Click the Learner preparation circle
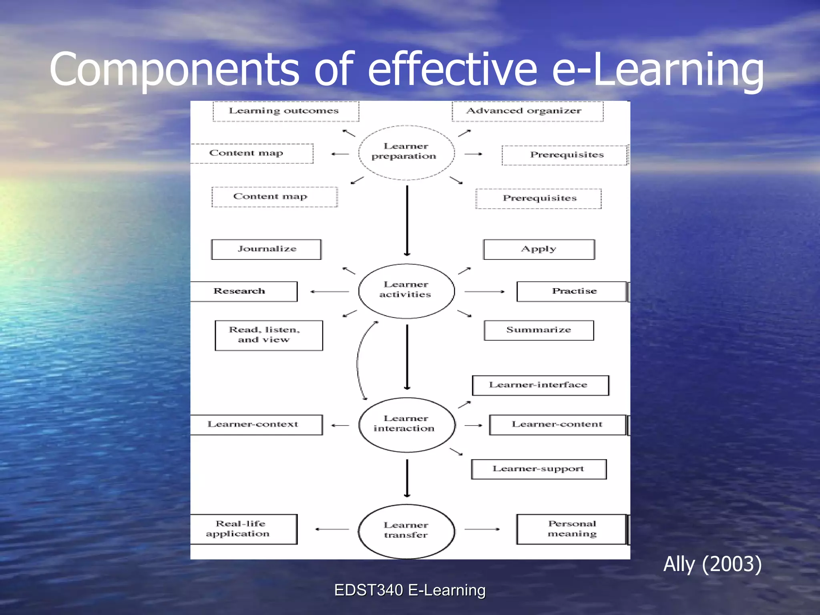point(406,152)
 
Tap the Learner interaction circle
point(406,424)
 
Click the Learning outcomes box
point(285,111)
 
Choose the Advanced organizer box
point(527,111)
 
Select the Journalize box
point(266,249)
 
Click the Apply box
point(539,249)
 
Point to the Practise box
point(572,291)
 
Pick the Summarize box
point(539,330)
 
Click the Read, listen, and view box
point(268,335)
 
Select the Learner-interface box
point(540,385)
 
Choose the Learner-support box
point(539,469)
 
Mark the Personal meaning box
point(572,529)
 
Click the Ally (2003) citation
point(712,564)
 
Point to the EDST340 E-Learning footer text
point(410,590)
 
